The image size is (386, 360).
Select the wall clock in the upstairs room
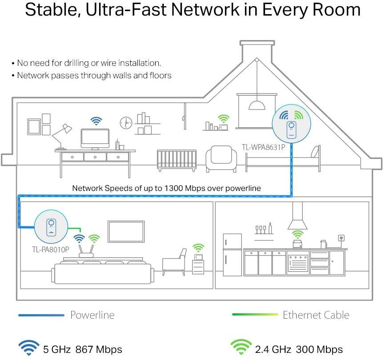coord(126,122)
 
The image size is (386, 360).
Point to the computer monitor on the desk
coord(95,138)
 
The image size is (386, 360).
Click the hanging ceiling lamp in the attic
coord(257,105)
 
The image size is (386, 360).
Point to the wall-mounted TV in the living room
coord(126,232)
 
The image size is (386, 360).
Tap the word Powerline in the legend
coord(92,315)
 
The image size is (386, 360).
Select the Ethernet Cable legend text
coord(316,315)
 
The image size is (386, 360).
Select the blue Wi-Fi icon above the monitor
coord(96,121)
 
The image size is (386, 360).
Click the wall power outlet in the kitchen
coord(342,238)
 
